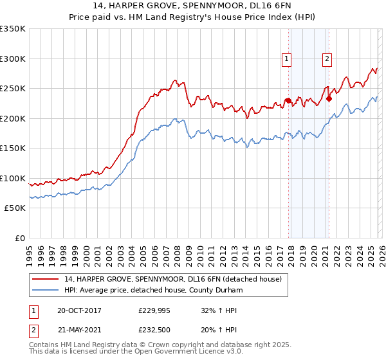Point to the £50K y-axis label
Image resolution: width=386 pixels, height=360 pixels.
click(14, 208)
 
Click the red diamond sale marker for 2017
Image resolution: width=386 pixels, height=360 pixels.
click(288, 100)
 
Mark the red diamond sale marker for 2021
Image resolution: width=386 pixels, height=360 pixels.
click(329, 98)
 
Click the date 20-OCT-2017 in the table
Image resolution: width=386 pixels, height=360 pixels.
click(79, 310)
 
